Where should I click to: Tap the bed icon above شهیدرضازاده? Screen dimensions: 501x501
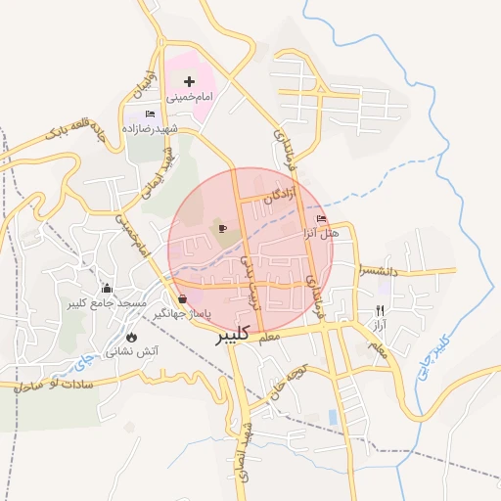(149, 114)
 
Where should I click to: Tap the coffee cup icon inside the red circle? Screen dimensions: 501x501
(222, 229)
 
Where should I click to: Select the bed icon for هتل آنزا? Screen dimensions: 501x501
(322, 219)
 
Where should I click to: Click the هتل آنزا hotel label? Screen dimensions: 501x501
(320, 234)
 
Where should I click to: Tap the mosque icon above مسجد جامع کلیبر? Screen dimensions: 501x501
(107, 289)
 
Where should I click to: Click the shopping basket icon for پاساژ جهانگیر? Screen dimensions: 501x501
(183, 298)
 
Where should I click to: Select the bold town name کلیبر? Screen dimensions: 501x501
(232, 335)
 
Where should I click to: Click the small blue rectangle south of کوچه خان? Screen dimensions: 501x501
(333, 418)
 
